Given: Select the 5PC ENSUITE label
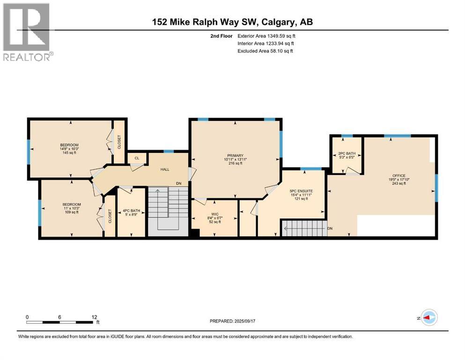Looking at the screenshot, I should pos(301,191).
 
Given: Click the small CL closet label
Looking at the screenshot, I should pos(136,158).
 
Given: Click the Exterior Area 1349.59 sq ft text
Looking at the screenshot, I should pos(266,36).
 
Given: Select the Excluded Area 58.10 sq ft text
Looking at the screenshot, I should pos(265,51).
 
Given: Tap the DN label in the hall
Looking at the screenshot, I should pos(178,183).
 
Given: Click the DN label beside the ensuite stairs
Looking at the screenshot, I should pos(330,228).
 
